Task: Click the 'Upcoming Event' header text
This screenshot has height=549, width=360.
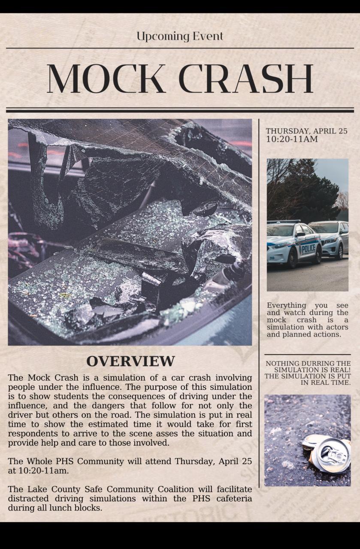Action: [x=180, y=36]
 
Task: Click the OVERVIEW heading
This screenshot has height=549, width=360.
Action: [x=130, y=361]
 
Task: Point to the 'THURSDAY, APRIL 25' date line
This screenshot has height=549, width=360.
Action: [x=306, y=131]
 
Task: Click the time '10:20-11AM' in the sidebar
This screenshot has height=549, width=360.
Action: [x=292, y=139]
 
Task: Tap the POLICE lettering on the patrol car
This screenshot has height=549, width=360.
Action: [x=308, y=248]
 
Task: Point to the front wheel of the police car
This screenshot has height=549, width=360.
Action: [x=293, y=258]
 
